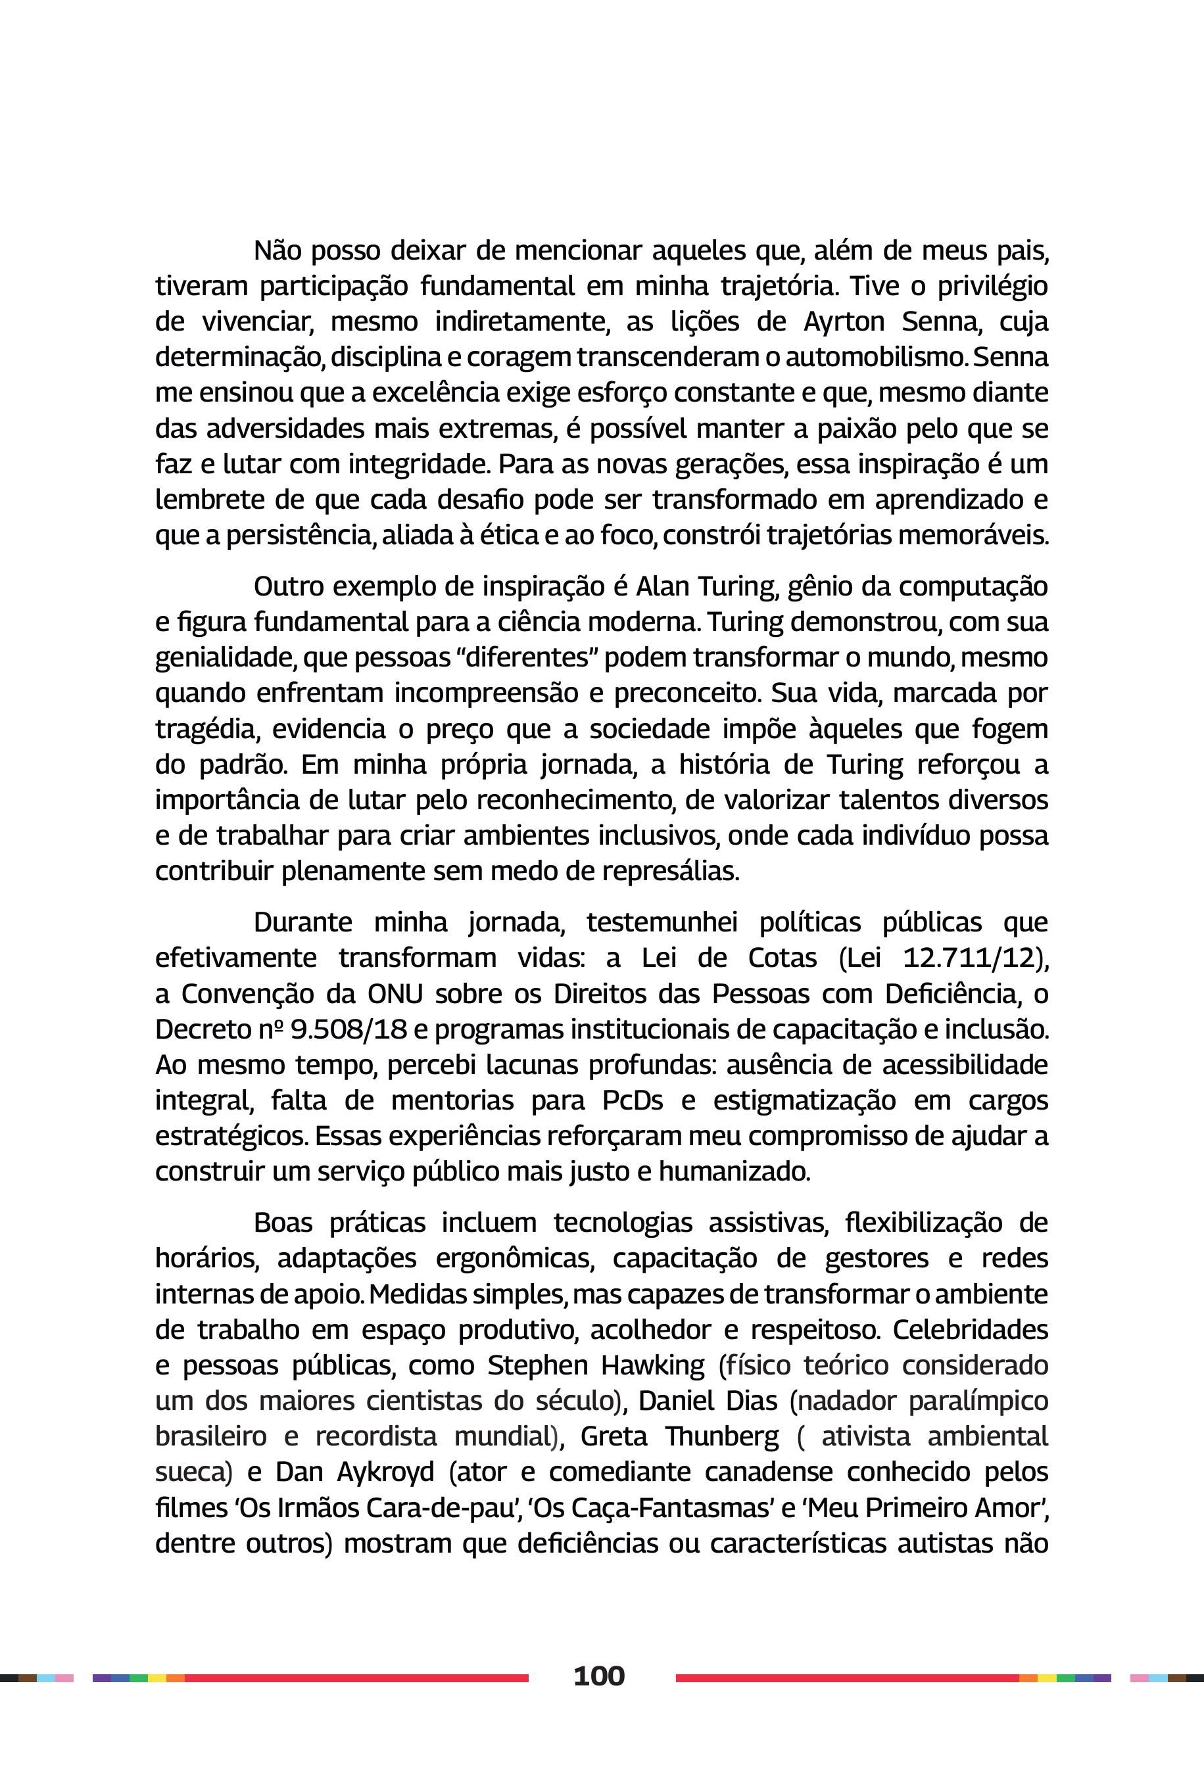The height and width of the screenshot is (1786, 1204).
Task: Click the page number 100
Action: pyautogui.click(x=599, y=1676)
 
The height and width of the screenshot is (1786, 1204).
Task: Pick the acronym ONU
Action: pyautogui.click(x=395, y=994)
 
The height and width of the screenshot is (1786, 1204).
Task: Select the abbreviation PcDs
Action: pyautogui.click(x=632, y=1100)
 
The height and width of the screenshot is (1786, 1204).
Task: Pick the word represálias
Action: pyautogui.click(x=670, y=871)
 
